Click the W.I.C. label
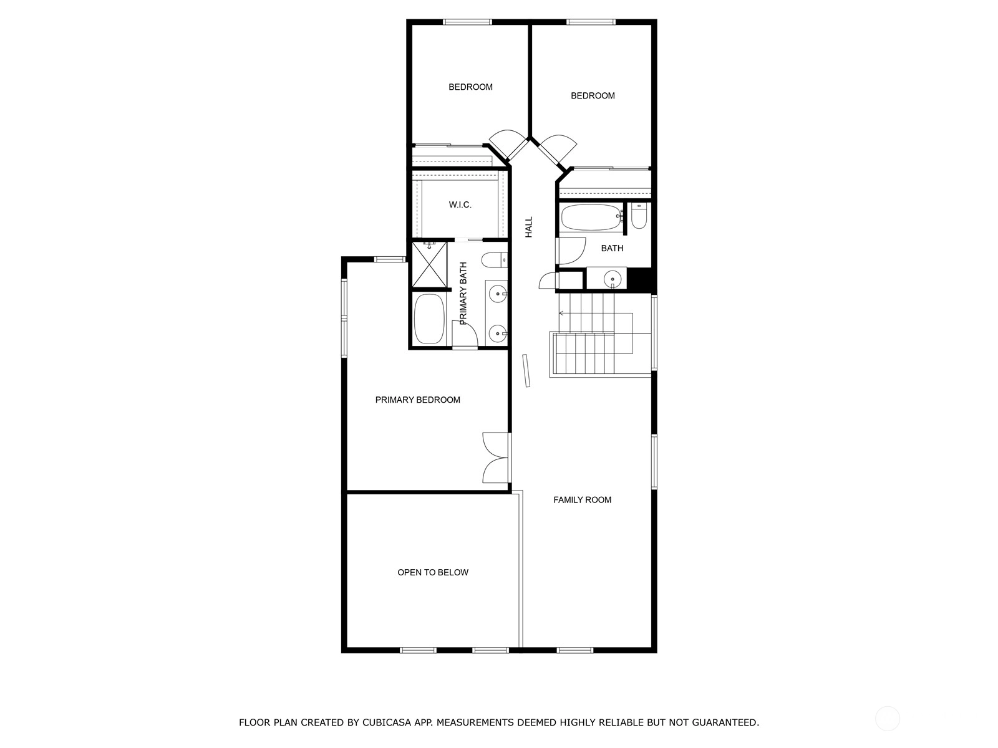(x=460, y=205)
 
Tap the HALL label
(x=529, y=227)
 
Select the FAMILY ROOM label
(x=582, y=500)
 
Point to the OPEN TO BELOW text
(x=433, y=573)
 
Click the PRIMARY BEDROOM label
(x=417, y=400)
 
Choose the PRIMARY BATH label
(x=463, y=294)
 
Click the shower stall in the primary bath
(x=429, y=265)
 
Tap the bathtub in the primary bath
(x=429, y=319)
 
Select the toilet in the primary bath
(x=494, y=260)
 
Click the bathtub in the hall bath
(x=591, y=217)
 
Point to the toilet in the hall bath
(x=639, y=216)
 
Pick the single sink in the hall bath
(x=613, y=279)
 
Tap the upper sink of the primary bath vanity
(x=498, y=294)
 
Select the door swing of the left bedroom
(x=507, y=144)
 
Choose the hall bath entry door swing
(x=571, y=251)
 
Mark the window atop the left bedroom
(x=467, y=22)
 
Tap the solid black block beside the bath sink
(x=639, y=280)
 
